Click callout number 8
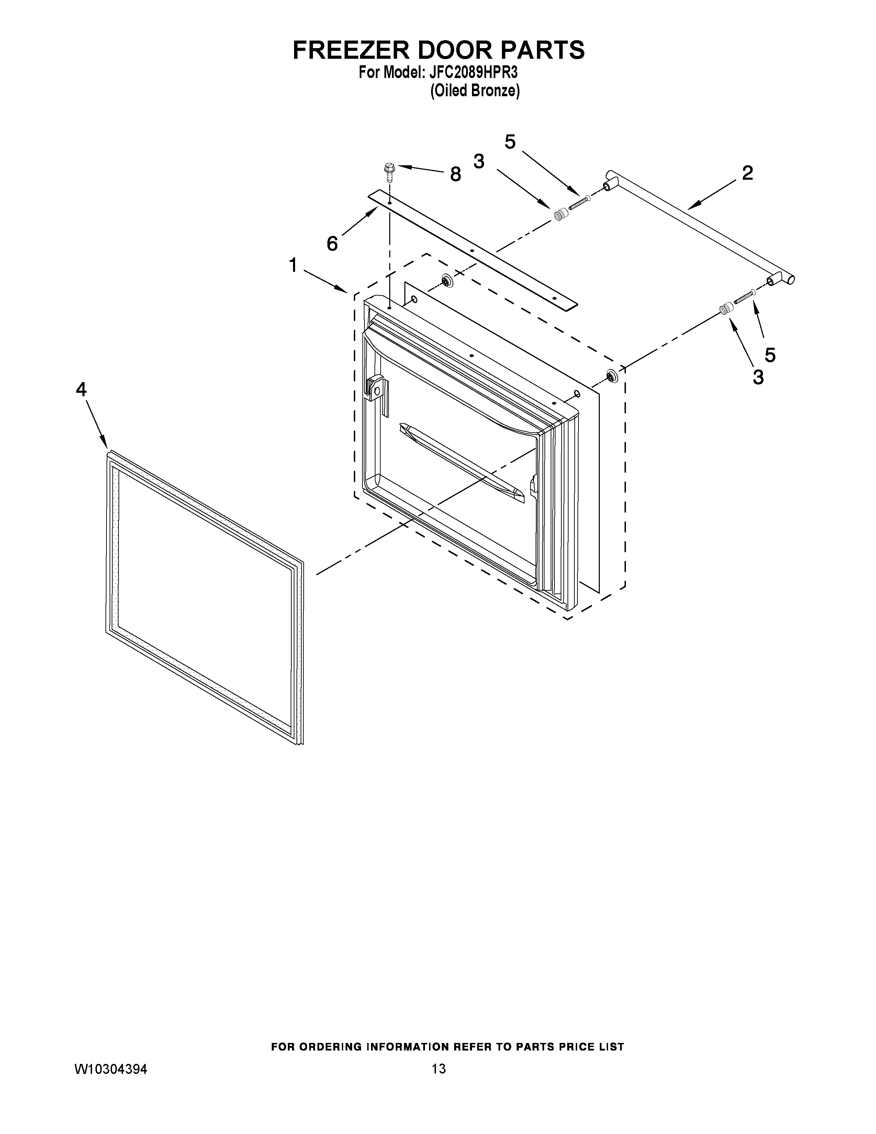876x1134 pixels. point(455,175)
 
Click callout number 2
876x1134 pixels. point(747,173)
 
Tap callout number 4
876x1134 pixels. point(81,389)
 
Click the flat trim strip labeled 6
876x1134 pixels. point(472,249)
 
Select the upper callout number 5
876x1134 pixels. point(510,141)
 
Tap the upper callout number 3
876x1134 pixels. point(479,162)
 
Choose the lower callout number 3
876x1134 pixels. point(758,377)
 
